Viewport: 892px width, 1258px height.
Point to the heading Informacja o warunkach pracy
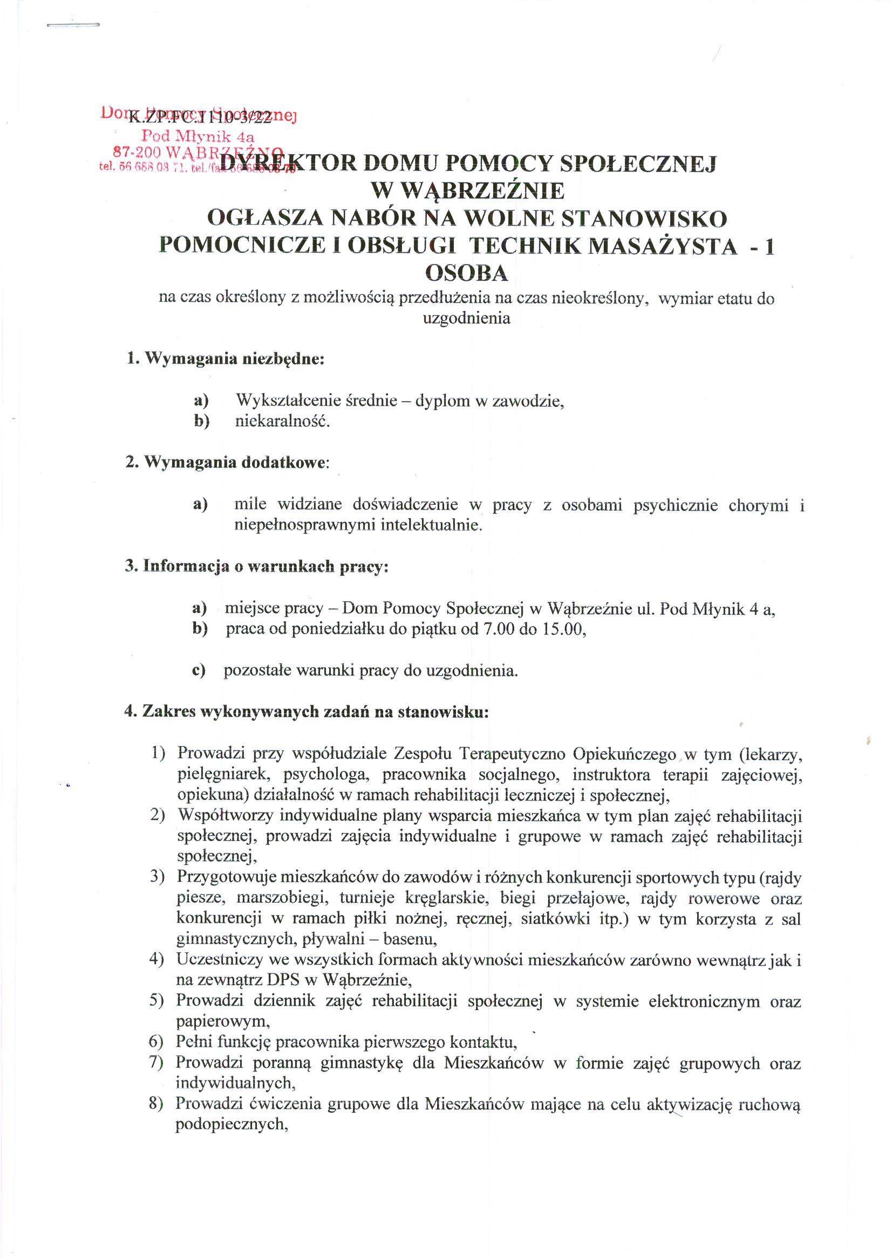point(256,566)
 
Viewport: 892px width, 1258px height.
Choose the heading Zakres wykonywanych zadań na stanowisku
point(307,712)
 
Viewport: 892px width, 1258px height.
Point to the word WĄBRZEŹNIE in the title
point(468,190)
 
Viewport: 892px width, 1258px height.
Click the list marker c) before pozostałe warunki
point(199,671)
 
